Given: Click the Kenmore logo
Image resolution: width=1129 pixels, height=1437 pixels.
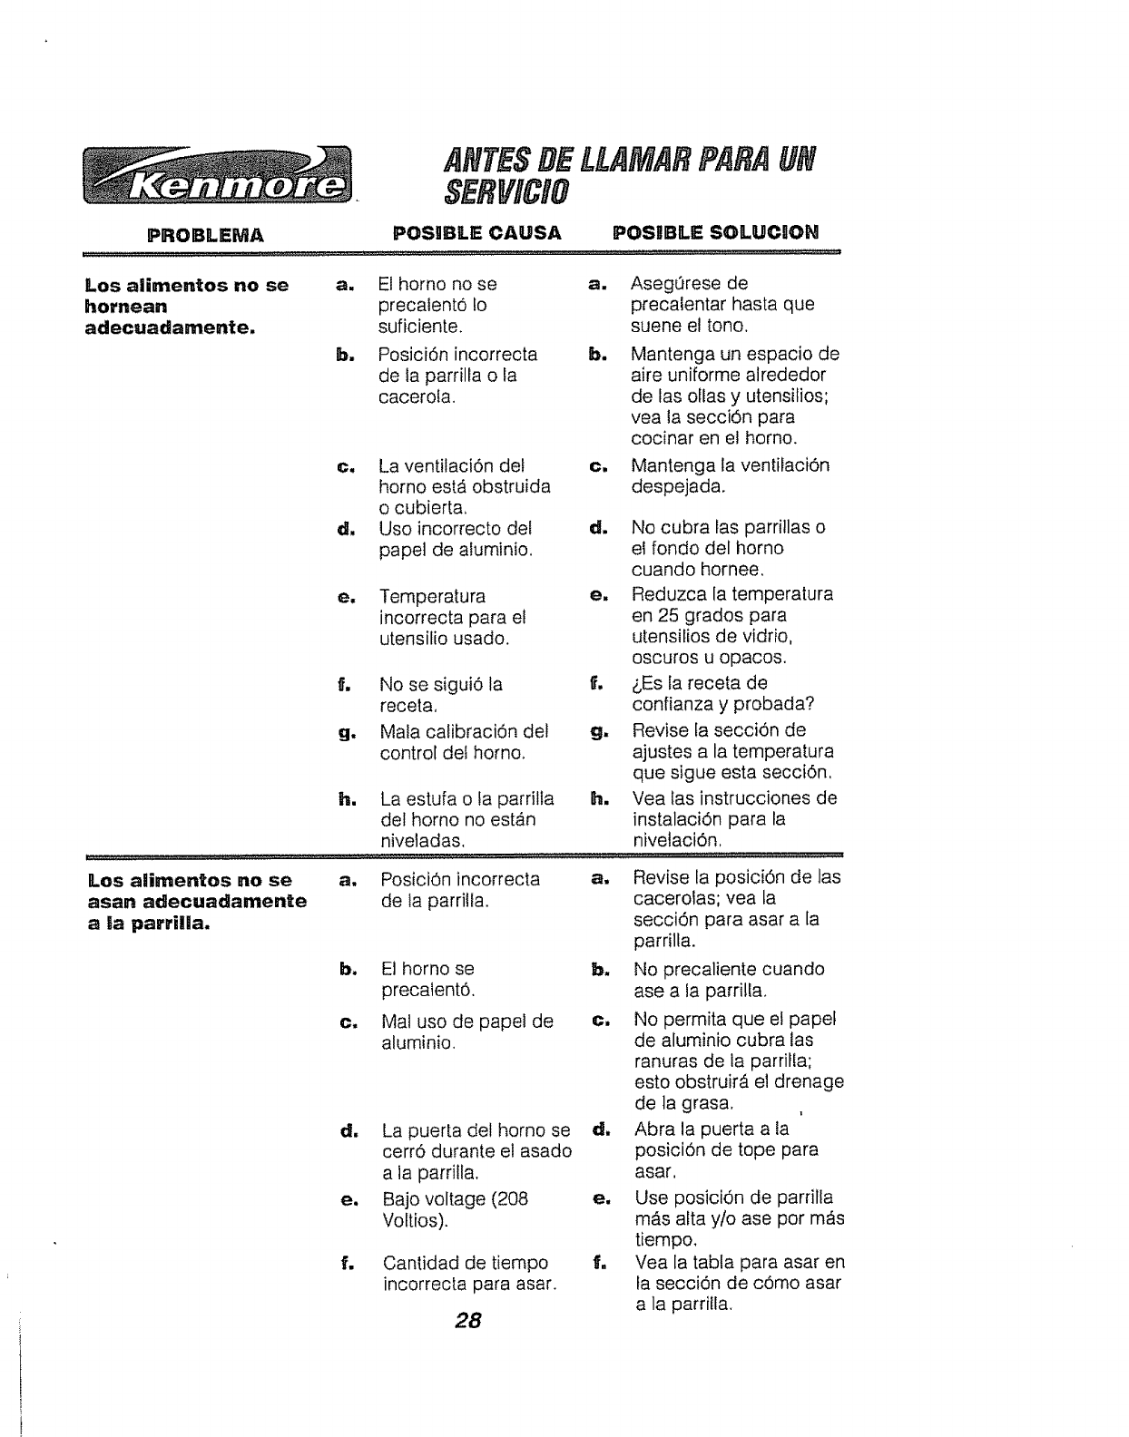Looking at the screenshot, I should (x=217, y=174).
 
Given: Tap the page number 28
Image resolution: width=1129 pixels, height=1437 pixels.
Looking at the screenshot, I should (x=467, y=1320).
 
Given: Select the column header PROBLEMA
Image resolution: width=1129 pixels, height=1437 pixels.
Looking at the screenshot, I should (x=207, y=235).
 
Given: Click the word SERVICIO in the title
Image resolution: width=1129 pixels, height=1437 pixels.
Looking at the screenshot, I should (x=506, y=191).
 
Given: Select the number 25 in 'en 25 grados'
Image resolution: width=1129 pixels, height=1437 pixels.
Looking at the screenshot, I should (x=669, y=616).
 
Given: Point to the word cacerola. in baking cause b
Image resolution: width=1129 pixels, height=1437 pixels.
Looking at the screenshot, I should (x=417, y=396).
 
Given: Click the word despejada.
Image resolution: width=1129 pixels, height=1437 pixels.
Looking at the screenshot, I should (x=678, y=487).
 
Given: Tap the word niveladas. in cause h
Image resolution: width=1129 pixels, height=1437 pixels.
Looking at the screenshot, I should (x=423, y=841).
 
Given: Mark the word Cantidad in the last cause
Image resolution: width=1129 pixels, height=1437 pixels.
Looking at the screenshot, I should (x=418, y=1263).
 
